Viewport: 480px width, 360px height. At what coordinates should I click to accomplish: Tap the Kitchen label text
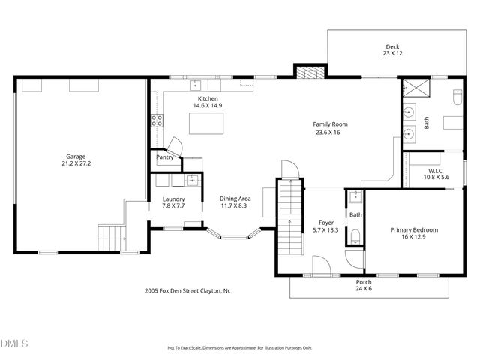point(208,102)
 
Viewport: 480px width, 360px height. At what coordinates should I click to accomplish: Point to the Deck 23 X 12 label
point(393,50)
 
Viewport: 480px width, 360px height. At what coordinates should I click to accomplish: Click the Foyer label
point(327,226)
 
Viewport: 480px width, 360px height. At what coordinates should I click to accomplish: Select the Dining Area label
point(233,202)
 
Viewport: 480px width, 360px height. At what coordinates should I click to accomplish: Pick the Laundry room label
point(173,202)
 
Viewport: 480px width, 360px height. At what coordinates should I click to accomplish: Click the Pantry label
point(165,157)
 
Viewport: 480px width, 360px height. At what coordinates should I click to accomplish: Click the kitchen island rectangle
point(206,125)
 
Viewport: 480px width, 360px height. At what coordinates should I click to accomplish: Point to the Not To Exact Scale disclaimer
point(240,348)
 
